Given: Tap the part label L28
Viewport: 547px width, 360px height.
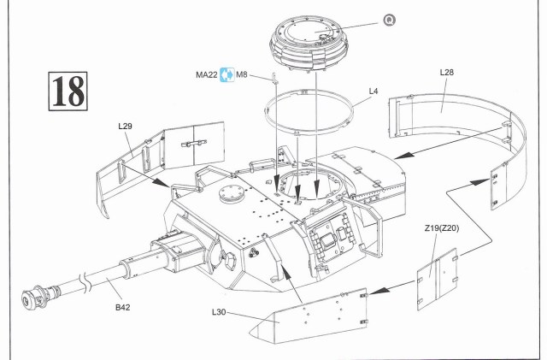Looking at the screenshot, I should [447, 74].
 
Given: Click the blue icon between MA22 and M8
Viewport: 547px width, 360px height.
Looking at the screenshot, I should [226, 74].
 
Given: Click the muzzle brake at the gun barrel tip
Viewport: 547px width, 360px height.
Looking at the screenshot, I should [33, 298].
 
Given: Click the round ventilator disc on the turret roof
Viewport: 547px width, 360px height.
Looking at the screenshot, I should [231, 192].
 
